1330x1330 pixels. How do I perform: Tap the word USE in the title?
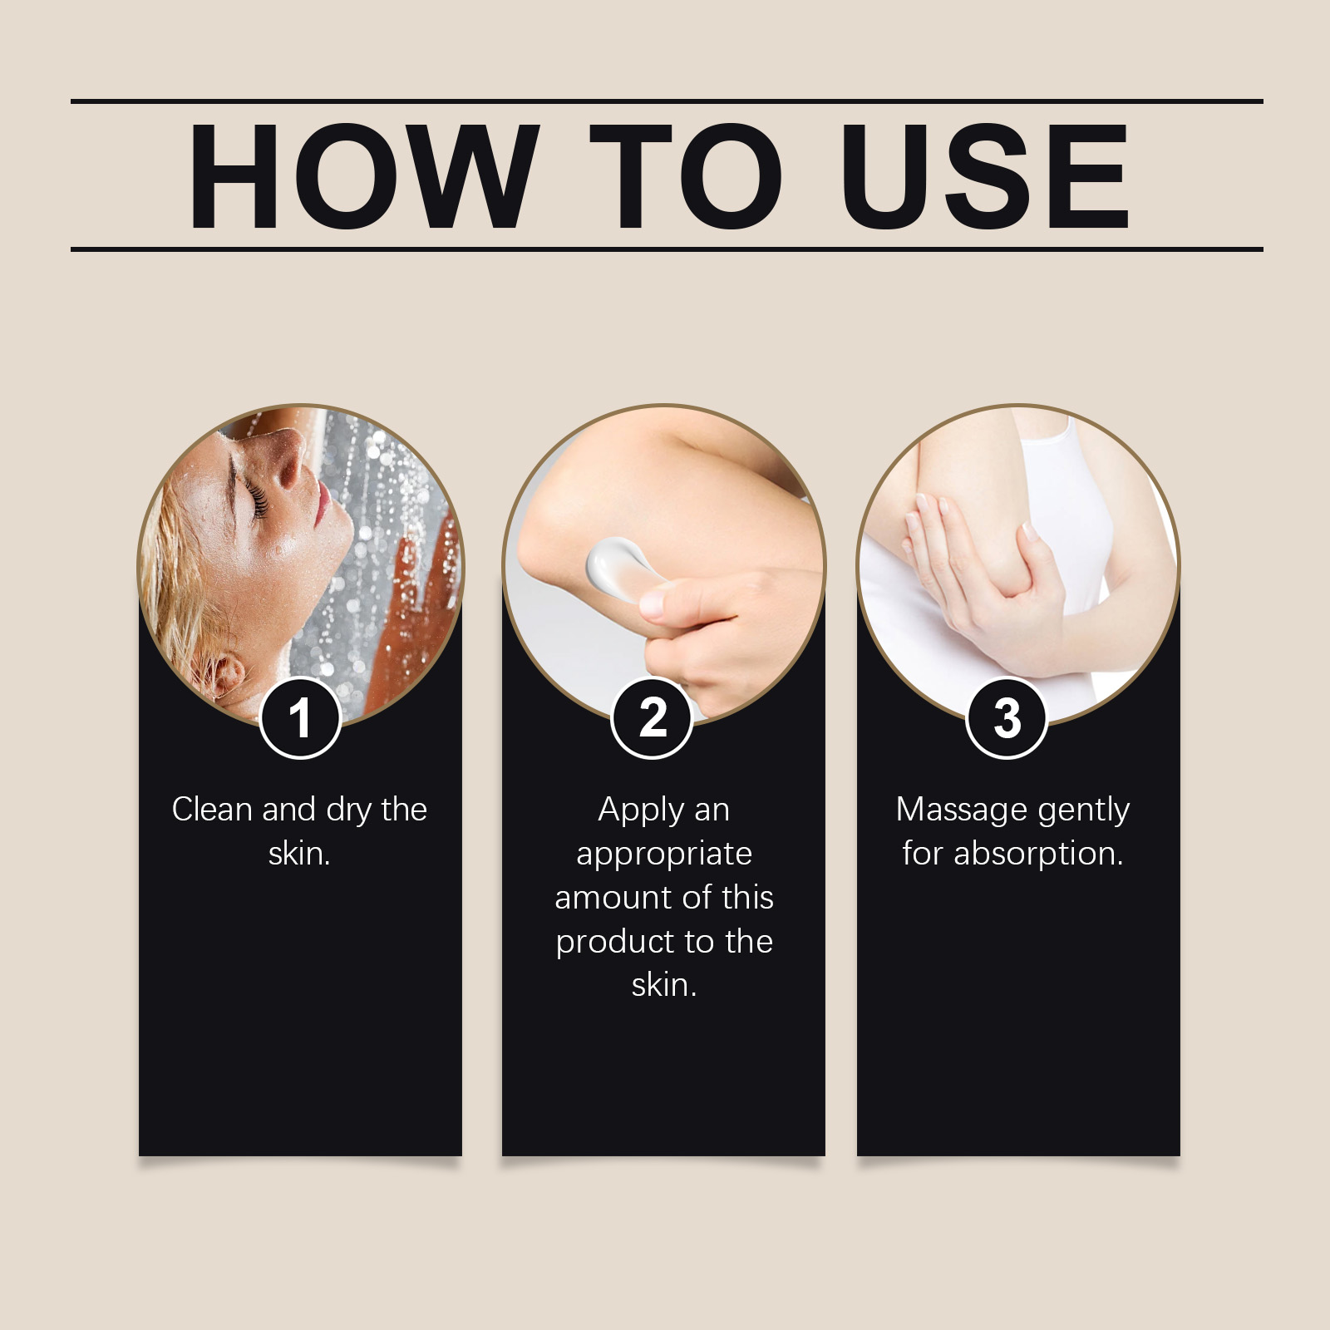coord(987,175)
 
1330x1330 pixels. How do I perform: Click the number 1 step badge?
coord(300,718)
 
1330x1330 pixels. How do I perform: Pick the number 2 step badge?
coord(653,717)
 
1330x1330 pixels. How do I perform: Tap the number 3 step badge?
coord(1007,718)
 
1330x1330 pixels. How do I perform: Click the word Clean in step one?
coord(211,809)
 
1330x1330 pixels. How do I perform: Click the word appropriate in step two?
coord(664,855)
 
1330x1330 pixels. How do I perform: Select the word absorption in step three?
coord(1038,855)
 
